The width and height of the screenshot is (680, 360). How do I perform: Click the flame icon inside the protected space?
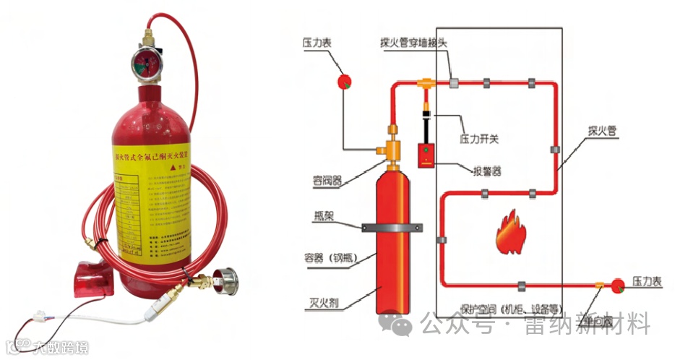pos(512,231)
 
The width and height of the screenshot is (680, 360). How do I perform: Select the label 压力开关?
pos(479,137)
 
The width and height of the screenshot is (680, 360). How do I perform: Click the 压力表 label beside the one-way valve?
pos(647,280)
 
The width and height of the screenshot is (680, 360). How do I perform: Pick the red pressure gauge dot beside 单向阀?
pos(619,285)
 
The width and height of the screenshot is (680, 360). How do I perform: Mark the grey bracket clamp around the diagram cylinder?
pos(392,227)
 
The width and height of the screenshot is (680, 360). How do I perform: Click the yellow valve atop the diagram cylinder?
pos(392,144)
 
